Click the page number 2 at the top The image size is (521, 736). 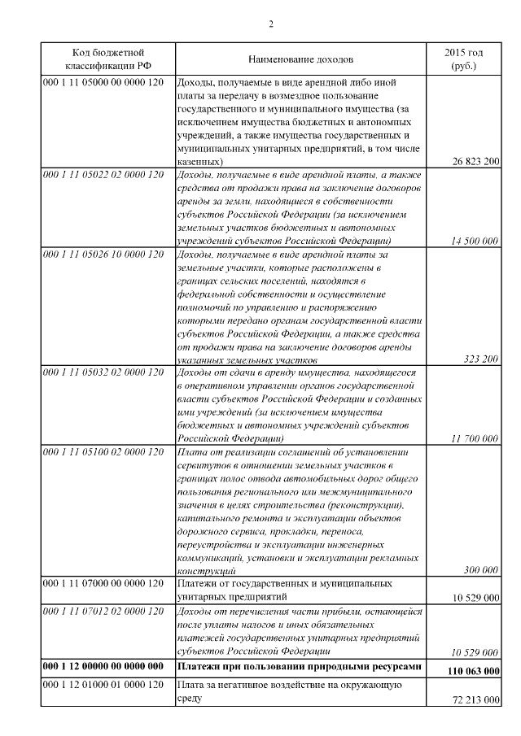click(270, 23)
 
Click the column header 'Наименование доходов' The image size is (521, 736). click(301, 59)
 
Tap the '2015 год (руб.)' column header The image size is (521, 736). click(462, 59)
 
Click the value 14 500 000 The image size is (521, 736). click(475, 241)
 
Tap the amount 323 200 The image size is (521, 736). click(480, 359)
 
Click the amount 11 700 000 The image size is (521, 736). click(475, 438)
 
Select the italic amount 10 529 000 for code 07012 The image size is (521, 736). click(475, 651)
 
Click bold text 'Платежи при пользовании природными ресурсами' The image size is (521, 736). click(300, 666)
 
